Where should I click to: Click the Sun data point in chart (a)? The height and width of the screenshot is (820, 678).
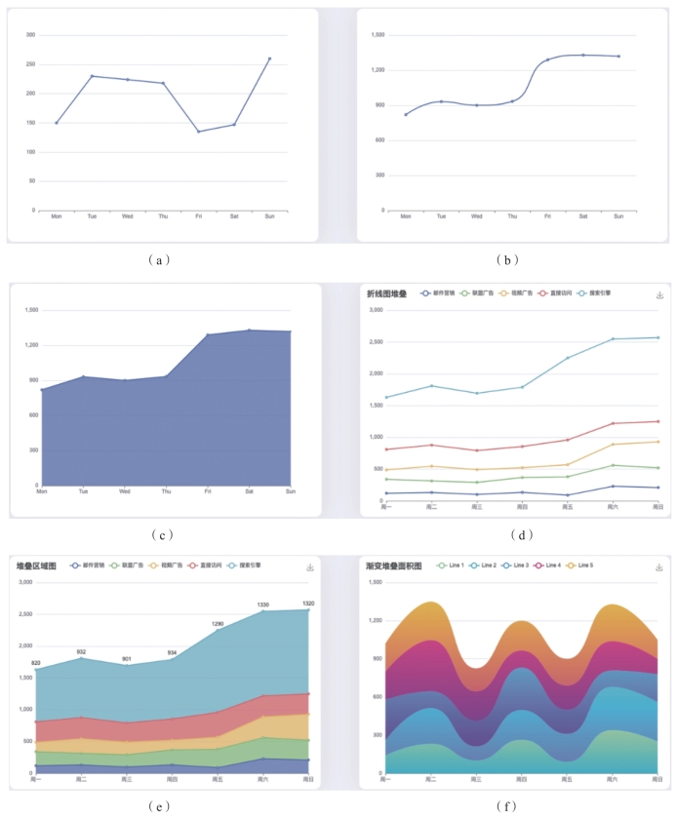pos(269,59)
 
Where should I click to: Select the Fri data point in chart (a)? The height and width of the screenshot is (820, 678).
pos(198,132)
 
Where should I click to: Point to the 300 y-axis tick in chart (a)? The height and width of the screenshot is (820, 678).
pos(31,35)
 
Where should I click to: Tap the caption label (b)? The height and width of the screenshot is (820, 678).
pos(507,259)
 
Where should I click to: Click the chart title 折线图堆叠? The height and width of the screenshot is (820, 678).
pos(387,293)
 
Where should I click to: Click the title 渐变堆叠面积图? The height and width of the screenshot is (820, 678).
pos(393,566)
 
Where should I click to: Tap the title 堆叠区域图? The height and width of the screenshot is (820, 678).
pos(37,566)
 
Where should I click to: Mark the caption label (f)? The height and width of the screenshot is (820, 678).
pos(507,806)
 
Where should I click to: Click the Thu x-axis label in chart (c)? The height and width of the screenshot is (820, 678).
pos(166,491)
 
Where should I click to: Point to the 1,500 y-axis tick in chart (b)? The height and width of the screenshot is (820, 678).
pos(379,35)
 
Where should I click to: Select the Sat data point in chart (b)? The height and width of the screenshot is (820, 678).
pos(582,55)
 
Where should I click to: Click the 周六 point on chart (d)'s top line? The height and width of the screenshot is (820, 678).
pos(613,339)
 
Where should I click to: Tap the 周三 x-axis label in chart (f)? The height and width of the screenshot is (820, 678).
pos(476,779)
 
